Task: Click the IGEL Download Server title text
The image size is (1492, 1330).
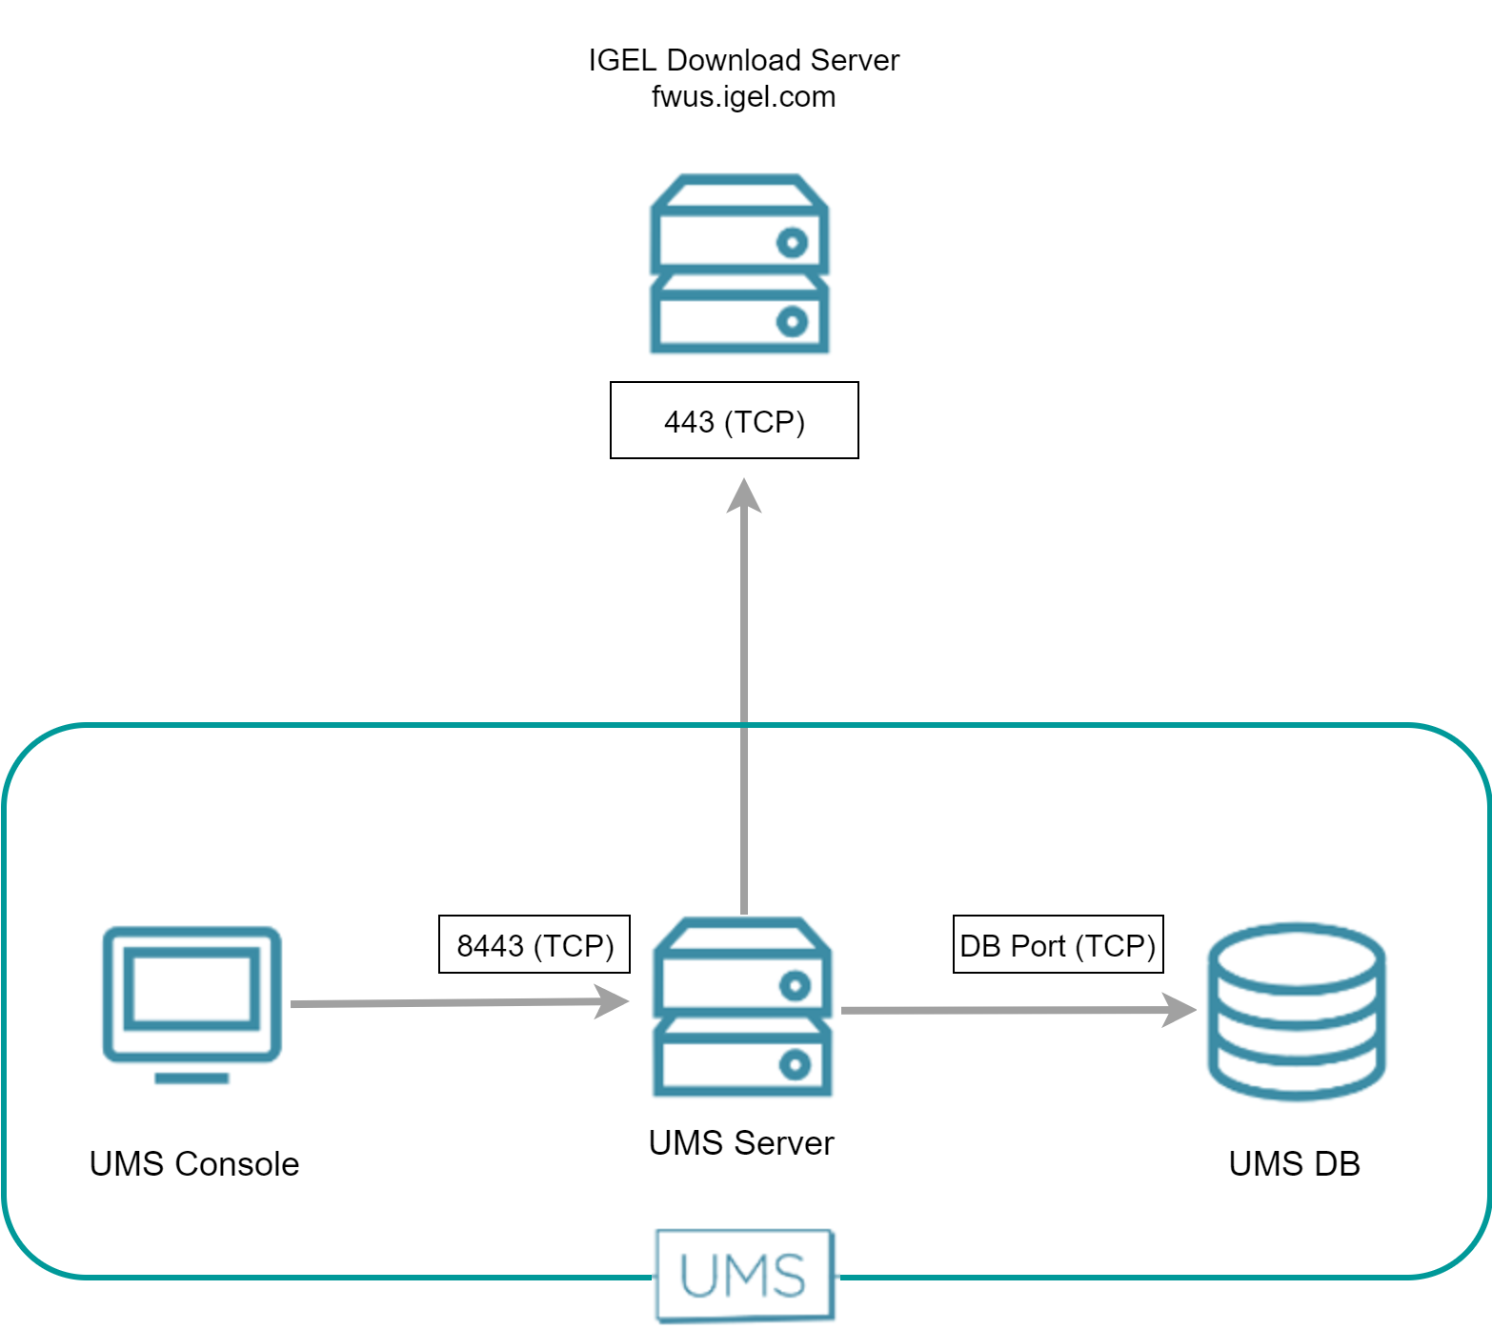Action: (743, 60)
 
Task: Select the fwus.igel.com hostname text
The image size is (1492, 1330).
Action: (743, 97)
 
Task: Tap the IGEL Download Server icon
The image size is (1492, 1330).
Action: (739, 264)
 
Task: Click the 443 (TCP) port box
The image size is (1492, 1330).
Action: (734, 420)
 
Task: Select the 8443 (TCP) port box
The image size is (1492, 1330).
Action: (534, 944)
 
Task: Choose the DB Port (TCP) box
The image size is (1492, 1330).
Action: (1058, 944)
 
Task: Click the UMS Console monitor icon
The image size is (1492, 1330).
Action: (192, 995)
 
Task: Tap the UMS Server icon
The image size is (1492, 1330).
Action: (742, 1007)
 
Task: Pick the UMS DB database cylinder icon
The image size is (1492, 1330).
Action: (1296, 1011)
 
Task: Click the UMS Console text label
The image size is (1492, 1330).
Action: (194, 1164)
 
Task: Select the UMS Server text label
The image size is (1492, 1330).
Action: (741, 1143)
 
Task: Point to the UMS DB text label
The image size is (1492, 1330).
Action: (1294, 1164)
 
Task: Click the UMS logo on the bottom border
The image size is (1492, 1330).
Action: (744, 1276)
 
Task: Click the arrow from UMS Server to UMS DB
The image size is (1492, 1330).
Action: (1000, 1010)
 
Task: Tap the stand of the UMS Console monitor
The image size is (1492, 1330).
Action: (192, 1078)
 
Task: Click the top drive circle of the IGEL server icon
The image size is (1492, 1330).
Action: (792, 243)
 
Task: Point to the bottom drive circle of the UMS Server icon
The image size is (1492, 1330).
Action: (795, 1064)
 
